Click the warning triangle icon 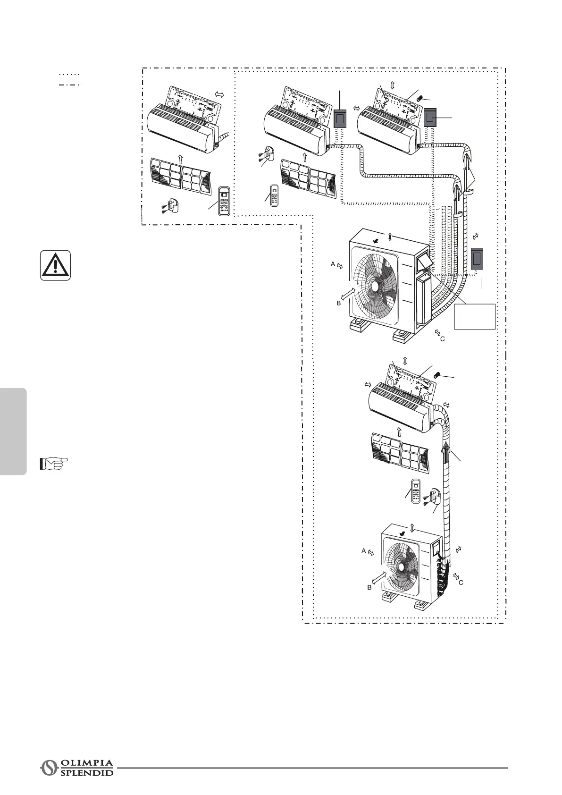coord(56,265)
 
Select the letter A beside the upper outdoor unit coord(333,265)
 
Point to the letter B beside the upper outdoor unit coord(338,303)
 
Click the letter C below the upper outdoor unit coord(442,338)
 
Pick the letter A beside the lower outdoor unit coord(363,550)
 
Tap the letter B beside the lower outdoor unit coord(369,588)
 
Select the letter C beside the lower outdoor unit coord(461,583)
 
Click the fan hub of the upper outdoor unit coord(375,286)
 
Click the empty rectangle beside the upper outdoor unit coord(475,316)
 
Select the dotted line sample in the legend coord(70,75)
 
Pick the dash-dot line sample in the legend coord(70,85)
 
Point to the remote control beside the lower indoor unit coord(416,491)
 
